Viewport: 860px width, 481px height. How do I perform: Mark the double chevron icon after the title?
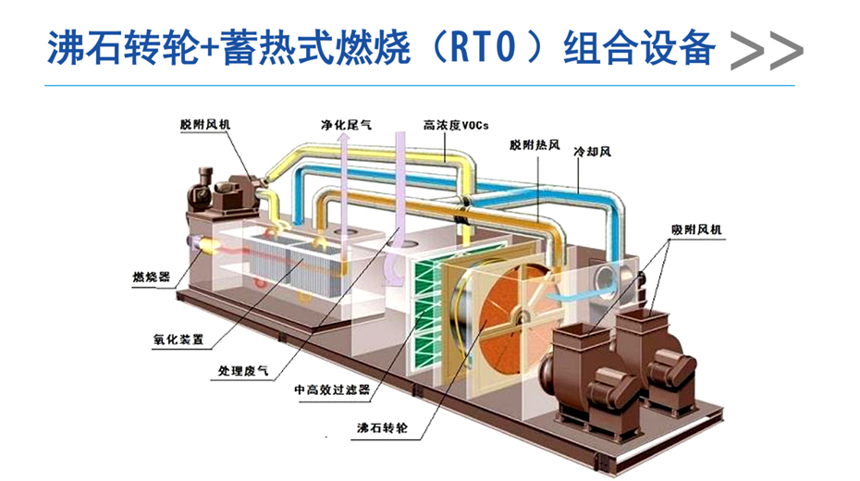(x=766, y=51)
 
